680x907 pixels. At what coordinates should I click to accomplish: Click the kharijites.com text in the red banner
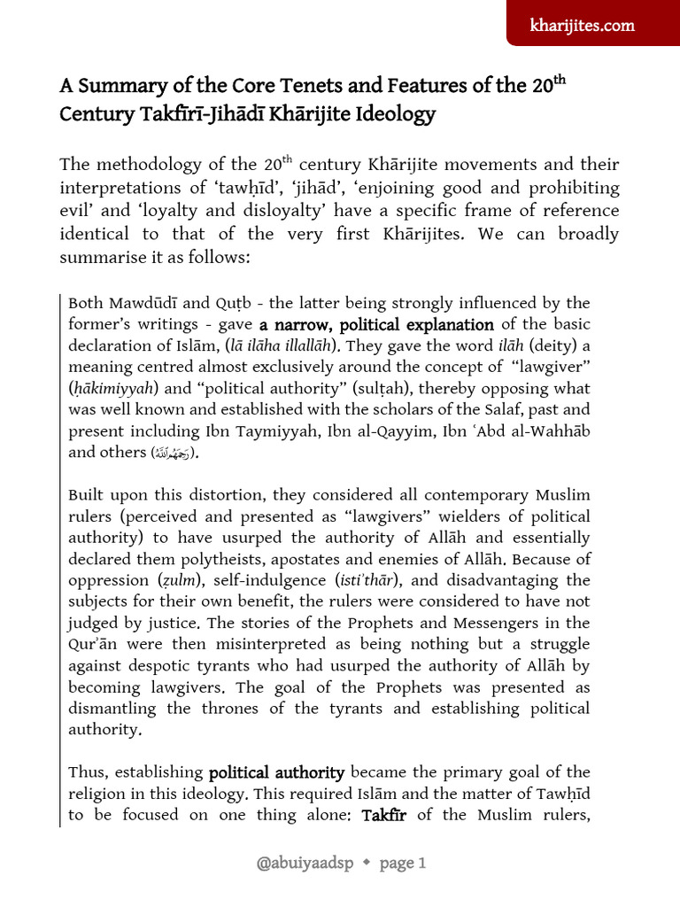pyautogui.click(x=582, y=26)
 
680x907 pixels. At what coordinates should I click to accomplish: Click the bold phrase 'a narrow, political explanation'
pyautogui.click(x=376, y=325)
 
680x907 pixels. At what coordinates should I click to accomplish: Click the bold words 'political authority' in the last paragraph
pyautogui.click(x=276, y=772)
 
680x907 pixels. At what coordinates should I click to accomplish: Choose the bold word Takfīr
pyautogui.click(x=383, y=815)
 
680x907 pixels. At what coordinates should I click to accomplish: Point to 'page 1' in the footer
pyautogui.click(x=403, y=864)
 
